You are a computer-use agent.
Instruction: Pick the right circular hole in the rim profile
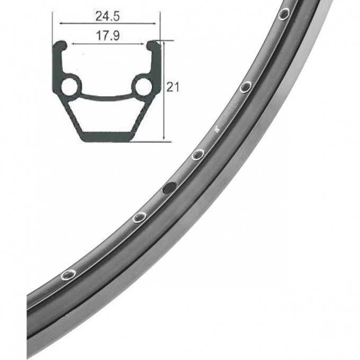click(x=142, y=86)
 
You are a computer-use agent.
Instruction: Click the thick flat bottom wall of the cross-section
click(x=106, y=136)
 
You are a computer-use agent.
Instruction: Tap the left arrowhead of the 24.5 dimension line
click(x=60, y=24)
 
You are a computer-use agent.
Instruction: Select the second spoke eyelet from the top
click(x=245, y=87)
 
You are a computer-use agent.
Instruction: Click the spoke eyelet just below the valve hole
click(x=139, y=217)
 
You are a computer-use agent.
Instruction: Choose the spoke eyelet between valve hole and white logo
click(x=198, y=154)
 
